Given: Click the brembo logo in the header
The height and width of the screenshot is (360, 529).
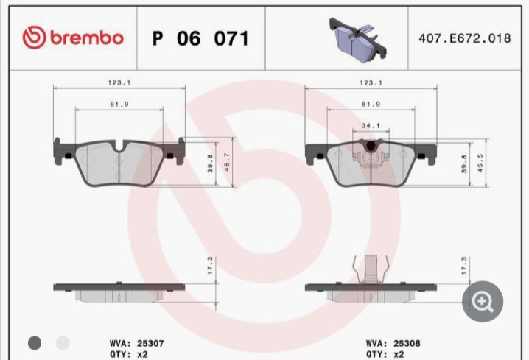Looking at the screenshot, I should tap(72, 38).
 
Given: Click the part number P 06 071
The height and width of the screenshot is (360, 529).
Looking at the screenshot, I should tap(200, 38).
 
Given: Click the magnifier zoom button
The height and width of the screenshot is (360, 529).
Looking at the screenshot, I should tap(483, 300).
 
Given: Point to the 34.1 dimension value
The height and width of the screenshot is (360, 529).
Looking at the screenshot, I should tap(371, 125).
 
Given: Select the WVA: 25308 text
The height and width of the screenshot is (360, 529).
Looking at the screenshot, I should tap(392, 342).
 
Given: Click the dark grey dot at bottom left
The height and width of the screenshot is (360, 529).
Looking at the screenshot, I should tap(35, 342).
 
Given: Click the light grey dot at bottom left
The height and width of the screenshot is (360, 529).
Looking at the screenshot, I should tap(63, 342).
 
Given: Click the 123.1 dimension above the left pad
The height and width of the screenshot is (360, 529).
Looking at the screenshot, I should tap(120, 83).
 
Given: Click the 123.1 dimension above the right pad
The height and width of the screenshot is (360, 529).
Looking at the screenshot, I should tap(371, 83).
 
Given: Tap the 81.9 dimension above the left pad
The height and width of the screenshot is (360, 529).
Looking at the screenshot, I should tap(120, 104).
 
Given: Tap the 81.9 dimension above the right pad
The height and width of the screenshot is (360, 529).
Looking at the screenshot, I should tap(371, 104).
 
